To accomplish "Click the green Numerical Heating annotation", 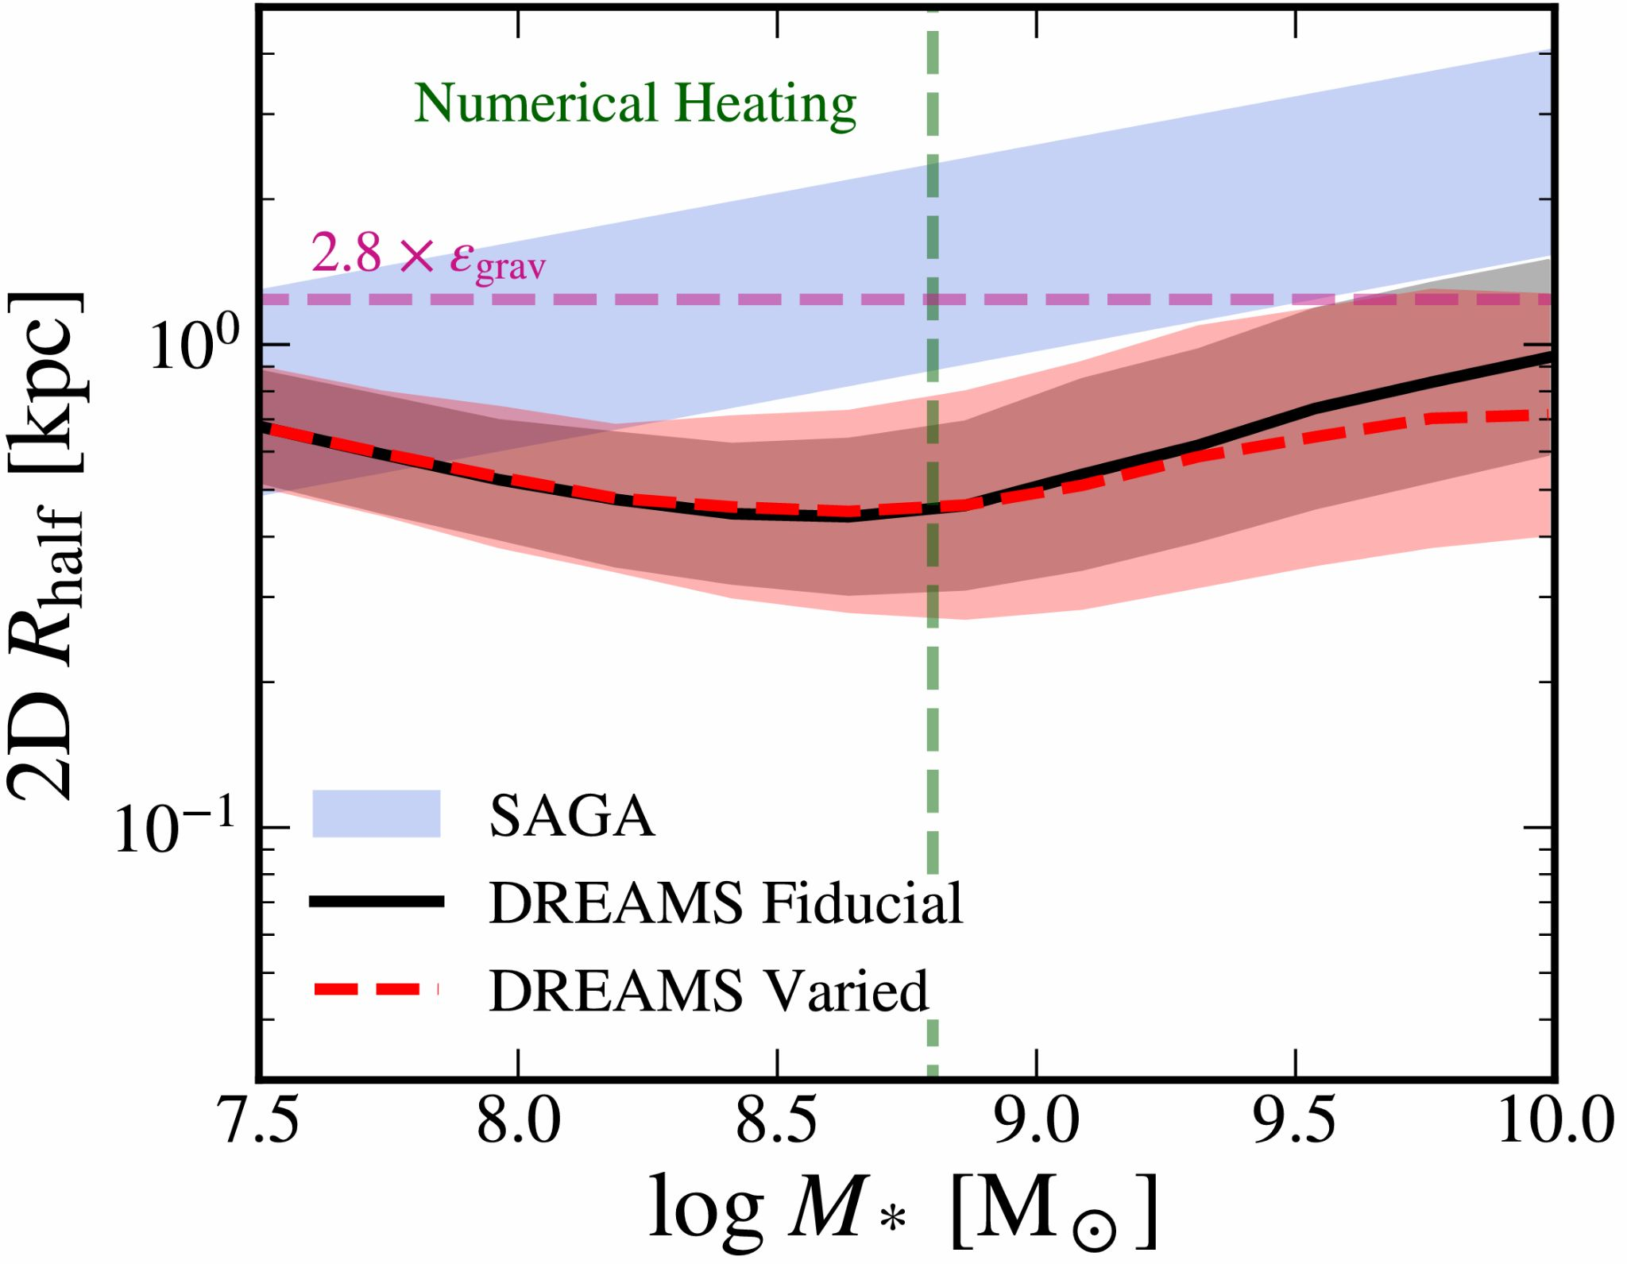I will point(635,104).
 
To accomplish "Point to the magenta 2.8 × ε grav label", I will point(428,257).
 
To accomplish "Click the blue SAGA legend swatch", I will point(376,814).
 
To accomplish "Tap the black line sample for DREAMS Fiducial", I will point(376,901).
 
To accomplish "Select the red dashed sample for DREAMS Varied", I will point(376,989).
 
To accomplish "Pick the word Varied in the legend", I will point(845,991).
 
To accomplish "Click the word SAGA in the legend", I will point(572,816).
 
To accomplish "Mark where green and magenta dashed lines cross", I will point(933,300).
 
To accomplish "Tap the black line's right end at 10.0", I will point(1549,356).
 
